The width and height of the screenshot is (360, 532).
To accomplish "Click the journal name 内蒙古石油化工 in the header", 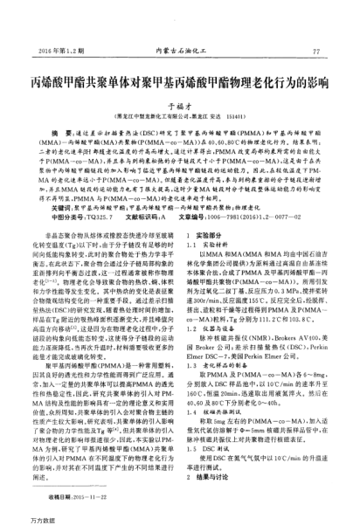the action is click(181, 52).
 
